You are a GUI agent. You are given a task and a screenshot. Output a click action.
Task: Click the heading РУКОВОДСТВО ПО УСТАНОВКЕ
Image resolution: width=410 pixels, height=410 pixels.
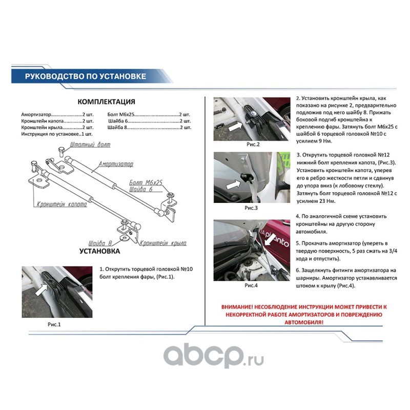[86, 76]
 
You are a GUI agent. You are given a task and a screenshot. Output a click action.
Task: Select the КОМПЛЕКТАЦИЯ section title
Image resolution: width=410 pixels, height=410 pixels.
[106, 101]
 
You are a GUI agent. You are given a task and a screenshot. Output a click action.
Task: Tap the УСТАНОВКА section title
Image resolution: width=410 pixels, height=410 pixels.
[99, 251]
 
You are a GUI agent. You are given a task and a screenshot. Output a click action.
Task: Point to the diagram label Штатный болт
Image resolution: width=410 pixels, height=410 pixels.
[90, 145]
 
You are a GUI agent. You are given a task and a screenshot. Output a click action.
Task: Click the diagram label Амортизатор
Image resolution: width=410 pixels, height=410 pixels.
[116, 164]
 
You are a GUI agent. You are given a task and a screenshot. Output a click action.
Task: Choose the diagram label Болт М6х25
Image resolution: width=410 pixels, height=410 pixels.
[146, 182]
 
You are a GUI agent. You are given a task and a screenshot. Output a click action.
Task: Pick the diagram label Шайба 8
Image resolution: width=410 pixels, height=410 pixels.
[100, 243]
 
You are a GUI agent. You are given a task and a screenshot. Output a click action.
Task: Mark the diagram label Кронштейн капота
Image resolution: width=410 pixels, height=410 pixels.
[61, 204]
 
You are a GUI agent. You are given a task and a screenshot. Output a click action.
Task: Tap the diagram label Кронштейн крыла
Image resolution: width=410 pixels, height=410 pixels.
[163, 243]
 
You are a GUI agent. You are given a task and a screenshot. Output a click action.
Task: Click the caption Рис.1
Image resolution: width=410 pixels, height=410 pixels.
[54, 324]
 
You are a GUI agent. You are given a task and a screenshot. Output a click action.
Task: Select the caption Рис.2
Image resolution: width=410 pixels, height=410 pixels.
[253, 145]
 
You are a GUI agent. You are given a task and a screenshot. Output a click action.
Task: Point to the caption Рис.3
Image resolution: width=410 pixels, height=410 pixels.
[251, 208]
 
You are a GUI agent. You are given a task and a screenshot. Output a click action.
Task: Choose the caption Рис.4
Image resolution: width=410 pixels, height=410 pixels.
[251, 285]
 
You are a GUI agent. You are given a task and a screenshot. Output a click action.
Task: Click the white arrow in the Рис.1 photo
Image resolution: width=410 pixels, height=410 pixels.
[42, 290]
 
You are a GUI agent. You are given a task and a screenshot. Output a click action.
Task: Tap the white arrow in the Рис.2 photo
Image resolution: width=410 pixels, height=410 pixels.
[235, 127]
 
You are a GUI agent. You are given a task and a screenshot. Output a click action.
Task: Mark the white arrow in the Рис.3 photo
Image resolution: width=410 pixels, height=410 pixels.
[233, 184]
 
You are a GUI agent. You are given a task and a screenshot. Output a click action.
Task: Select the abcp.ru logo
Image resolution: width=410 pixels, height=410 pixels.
[213, 356]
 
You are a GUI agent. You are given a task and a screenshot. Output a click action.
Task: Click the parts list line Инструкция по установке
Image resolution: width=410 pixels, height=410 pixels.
[57, 134]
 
